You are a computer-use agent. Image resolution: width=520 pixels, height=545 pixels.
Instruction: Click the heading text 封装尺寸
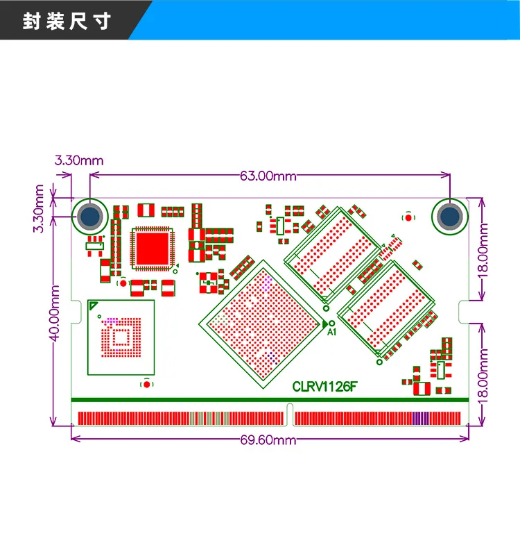click(67, 22)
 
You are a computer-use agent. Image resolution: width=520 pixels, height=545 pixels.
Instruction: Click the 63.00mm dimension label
click(268, 176)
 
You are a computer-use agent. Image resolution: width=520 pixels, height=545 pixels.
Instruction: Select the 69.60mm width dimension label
click(268, 439)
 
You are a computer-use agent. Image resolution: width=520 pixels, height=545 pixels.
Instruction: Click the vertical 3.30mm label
click(40, 208)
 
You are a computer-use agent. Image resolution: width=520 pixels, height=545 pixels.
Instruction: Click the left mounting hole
click(90, 216)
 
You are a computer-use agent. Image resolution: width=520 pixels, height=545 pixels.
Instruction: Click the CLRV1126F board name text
click(325, 387)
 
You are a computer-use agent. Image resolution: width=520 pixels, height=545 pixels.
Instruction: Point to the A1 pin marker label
click(331, 333)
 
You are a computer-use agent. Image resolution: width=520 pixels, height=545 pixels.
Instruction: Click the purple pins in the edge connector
click(420, 418)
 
